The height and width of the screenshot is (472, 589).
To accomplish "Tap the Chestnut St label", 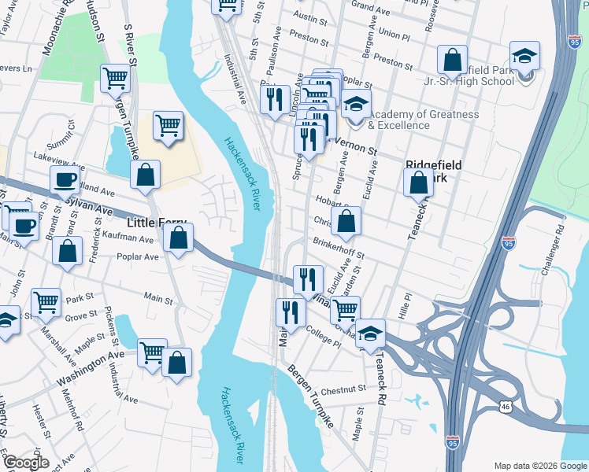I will click(x=343, y=389).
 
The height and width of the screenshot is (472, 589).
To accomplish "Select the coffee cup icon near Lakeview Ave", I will click(x=65, y=180).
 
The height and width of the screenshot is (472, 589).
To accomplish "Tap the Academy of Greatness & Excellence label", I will click(x=423, y=120).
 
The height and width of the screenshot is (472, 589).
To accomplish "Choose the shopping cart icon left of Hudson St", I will click(x=115, y=79).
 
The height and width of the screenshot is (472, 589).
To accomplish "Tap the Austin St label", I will click(x=309, y=16).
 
